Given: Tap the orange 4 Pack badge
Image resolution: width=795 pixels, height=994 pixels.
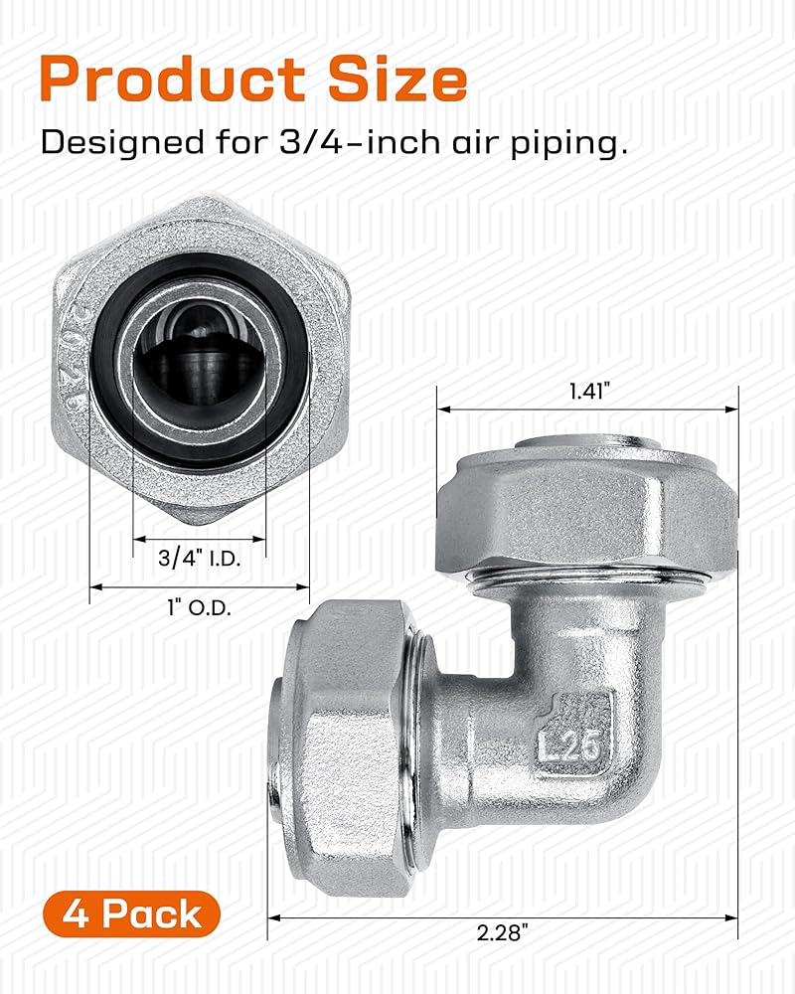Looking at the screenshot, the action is coord(132,913).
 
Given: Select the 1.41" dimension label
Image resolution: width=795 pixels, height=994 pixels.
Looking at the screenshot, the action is coord(588,391).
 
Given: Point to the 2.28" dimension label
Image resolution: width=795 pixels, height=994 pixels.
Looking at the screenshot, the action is coord(503,932).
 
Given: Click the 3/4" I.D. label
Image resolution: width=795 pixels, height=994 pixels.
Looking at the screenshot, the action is coord(199,558).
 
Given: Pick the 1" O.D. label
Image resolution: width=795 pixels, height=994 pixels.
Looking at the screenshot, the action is coord(199,608).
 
